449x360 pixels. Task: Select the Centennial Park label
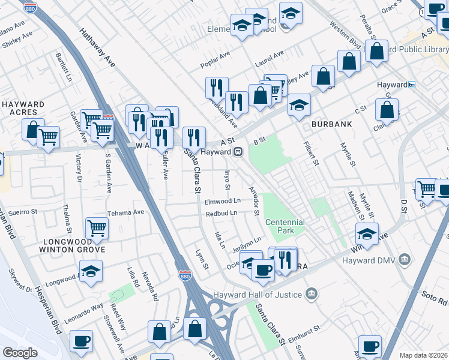285,226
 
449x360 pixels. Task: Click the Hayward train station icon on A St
238,152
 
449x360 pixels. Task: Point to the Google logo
20,353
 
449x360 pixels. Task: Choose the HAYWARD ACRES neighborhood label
23,109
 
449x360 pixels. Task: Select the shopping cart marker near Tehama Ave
97,227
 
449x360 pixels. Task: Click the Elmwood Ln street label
223,201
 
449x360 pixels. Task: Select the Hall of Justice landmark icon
311,294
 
